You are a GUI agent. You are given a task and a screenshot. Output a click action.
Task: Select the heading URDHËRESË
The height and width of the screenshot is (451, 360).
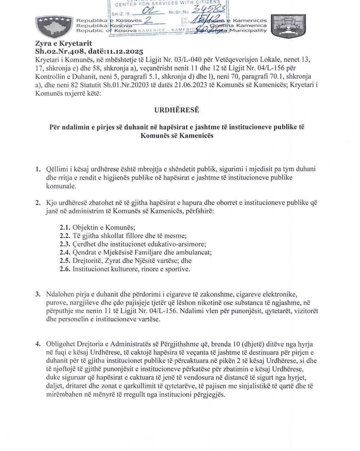tap(177, 110)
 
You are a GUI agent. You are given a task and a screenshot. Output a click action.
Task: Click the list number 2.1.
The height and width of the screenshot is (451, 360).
tap(65, 227)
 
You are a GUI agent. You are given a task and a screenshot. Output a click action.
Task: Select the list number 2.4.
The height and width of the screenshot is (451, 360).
tap(65, 252)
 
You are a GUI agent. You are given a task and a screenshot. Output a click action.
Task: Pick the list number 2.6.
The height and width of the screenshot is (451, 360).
tap(65, 269)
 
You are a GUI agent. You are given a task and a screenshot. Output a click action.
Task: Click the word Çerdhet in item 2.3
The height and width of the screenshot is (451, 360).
tap(84, 244)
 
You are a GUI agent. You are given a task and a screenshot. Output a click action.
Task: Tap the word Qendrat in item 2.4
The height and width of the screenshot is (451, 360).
tap(84, 252)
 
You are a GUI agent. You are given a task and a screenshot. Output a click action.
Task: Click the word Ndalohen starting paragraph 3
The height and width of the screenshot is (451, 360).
tap(59, 294)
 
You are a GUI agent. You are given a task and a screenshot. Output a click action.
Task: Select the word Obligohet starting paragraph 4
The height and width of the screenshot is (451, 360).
tap(60, 344)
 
